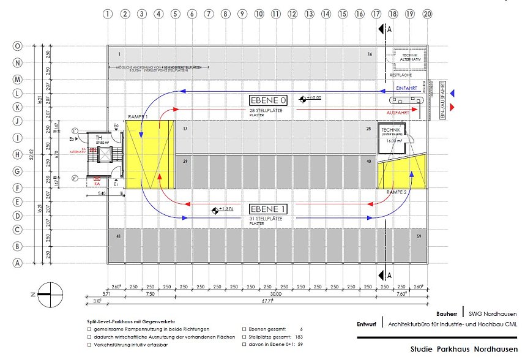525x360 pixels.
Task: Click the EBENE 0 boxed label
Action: point(267,99)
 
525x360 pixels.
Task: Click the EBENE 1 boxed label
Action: point(267,209)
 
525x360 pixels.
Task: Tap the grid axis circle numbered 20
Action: point(426,13)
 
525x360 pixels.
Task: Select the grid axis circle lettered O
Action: point(18,46)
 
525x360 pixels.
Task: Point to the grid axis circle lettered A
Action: point(18,263)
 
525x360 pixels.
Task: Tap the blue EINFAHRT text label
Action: point(406,89)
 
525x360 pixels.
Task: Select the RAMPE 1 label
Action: point(138,116)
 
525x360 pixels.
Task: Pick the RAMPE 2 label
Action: point(397,192)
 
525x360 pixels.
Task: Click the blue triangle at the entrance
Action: point(452,93)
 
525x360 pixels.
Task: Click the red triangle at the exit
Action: point(452,107)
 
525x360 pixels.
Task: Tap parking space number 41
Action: point(119,236)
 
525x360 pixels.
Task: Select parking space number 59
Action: point(419,236)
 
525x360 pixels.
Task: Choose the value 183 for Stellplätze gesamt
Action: point(298,337)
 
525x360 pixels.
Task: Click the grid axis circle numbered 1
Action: point(108,13)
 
